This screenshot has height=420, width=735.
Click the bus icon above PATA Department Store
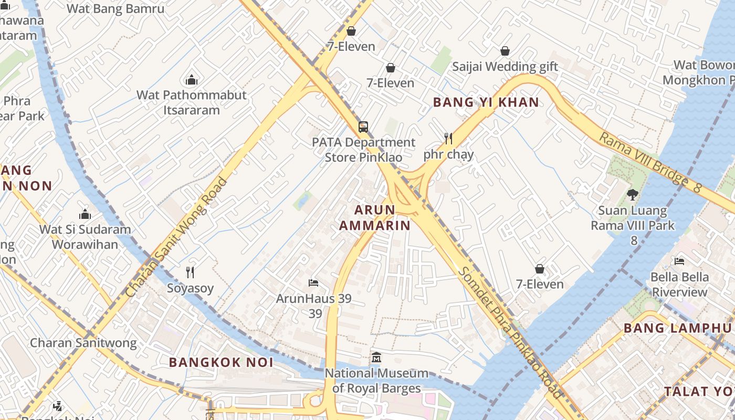point(363,127)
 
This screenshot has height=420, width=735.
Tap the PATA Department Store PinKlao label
point(363,150)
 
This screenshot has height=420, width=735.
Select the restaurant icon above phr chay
point(448,139)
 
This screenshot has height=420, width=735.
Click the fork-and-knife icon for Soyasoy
point(190,272)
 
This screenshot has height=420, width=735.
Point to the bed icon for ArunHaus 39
point(313,283)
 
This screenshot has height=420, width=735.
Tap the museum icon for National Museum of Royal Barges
point(376,358)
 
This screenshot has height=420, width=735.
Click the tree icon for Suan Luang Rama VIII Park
point(633,195)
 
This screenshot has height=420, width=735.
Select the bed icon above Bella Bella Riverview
point(679,261)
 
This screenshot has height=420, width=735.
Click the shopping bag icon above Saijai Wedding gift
point(505,51)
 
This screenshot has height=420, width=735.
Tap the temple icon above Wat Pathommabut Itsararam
point(192,80)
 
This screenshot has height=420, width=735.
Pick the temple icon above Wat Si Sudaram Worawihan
point(85,214)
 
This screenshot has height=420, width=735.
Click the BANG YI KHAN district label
point(486,102)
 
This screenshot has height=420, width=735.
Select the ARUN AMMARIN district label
point(374,217)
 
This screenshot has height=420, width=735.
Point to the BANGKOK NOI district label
point(221,362)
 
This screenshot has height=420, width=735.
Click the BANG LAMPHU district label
point(677,328)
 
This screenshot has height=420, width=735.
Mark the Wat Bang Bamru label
point(115,9)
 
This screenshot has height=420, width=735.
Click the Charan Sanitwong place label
point(83,343)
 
